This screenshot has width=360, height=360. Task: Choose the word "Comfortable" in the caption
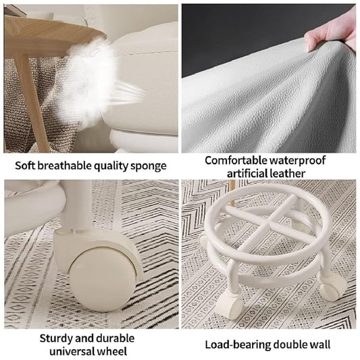(x=236, y=160)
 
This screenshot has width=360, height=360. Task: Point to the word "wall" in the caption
(x=319, y=345)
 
